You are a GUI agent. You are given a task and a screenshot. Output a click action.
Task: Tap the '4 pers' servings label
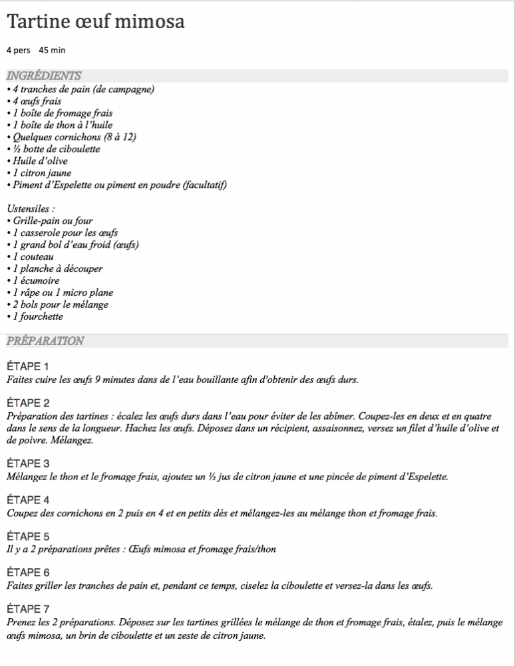(x=19, y=50)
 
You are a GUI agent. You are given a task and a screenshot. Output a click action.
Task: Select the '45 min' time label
(x=52, y=50)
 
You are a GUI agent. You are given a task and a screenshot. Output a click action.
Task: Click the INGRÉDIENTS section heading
(x=43, y=76)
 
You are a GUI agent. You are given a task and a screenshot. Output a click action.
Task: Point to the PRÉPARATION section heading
(x=45, y=341)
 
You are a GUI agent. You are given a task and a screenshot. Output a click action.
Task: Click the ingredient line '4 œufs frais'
(x=34, y=101)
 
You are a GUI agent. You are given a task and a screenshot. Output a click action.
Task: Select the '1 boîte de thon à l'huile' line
(x=60, y=125)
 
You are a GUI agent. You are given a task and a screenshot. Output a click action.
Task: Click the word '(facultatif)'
(x=204, y=185)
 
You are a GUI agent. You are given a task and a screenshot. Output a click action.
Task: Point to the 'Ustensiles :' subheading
(x=31, y=209)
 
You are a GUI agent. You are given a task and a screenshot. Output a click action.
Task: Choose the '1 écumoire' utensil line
(x=33, y=281)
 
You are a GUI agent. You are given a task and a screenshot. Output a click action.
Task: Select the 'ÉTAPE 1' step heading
(x=28, y=367)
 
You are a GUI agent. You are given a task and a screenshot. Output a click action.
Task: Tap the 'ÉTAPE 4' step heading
(x=28, y=500)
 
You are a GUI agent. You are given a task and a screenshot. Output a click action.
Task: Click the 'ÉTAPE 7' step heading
(x=28, y=609)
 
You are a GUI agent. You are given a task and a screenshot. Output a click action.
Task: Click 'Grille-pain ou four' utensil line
(x=50, y=221)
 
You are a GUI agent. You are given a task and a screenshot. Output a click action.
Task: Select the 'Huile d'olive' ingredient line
(x=37, y=161)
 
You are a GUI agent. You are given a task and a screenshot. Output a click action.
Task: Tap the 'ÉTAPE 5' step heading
(x=28, y=536)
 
